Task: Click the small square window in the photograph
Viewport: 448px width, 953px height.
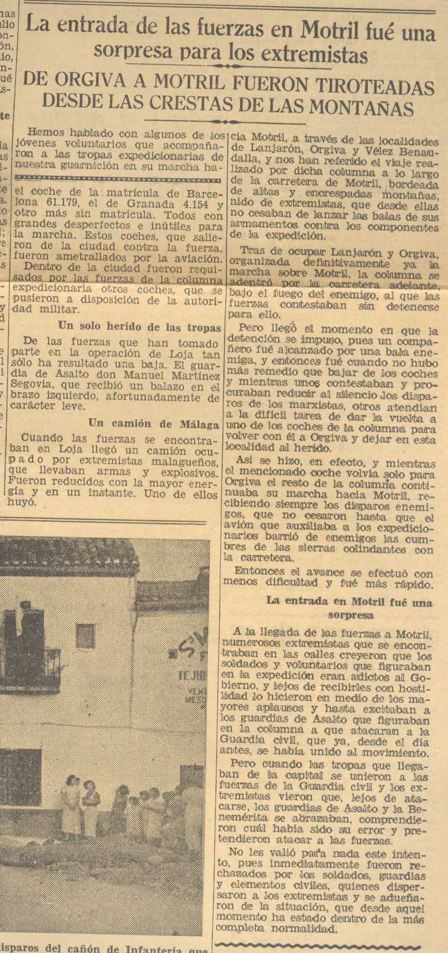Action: click(85, 636)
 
